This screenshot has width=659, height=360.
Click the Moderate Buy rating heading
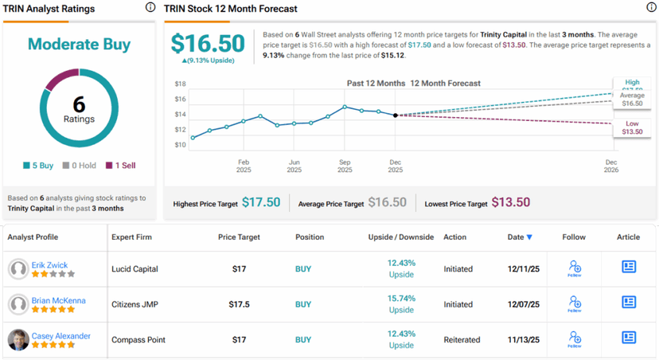coord(79,44)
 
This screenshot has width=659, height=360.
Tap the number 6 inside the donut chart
coord(79,104)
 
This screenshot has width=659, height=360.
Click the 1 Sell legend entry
coord(120,166)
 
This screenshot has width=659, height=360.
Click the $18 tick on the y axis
coord(180,84)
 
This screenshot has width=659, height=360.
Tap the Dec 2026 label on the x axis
coord(611,166)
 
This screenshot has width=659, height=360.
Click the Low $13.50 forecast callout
coord(632,127)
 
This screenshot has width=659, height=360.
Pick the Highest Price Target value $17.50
coord(261,203)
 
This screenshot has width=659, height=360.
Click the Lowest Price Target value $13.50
coord(511,203)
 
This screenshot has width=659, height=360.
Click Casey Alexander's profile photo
coord(18,339)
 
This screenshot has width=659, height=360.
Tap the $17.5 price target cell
coord(239,303)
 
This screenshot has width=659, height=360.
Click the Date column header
coord(520,237)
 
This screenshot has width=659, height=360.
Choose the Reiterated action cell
coord(462,339)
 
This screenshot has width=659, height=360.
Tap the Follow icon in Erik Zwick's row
coord(574,268)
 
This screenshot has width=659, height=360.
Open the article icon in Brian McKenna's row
coord(629,303)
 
